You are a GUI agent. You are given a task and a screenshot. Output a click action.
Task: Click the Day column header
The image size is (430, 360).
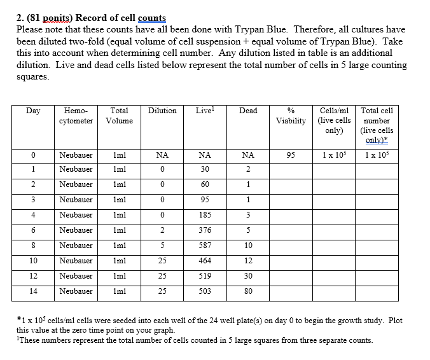(33, 111)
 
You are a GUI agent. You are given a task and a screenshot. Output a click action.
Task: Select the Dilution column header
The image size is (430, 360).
(162, 111)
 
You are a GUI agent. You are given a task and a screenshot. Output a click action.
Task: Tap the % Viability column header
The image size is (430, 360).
(291, 115)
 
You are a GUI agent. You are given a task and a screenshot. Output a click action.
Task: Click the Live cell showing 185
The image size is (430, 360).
(204, 215)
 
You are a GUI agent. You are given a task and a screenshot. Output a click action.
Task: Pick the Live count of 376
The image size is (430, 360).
(204, 230)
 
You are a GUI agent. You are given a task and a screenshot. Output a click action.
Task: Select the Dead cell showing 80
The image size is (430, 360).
(248, 291)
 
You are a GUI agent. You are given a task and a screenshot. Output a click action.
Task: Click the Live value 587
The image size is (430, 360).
(204, 246)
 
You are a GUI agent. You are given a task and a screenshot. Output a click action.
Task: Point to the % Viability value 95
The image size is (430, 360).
(291, 155)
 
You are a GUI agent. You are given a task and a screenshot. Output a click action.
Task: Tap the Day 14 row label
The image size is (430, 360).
(33, 291)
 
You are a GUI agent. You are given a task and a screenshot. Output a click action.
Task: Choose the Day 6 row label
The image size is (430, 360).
(33, 230)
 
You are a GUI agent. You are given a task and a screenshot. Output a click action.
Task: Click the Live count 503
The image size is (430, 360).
(204, 291)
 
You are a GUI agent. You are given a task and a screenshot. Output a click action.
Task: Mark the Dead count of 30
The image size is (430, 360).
(248, 276)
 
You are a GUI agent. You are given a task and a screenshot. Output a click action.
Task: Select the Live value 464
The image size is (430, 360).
(204, 261)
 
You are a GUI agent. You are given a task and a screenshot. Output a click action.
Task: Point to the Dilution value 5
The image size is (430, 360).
(162, 246)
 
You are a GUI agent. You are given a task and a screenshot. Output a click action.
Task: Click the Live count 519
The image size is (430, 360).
(204, 276)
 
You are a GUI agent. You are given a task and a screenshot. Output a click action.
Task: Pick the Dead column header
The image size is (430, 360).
(248, 111)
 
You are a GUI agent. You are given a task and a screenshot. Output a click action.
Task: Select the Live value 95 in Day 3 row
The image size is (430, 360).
(204, 200)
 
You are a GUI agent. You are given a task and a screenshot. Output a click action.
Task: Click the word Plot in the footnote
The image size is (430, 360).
(395, 321)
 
